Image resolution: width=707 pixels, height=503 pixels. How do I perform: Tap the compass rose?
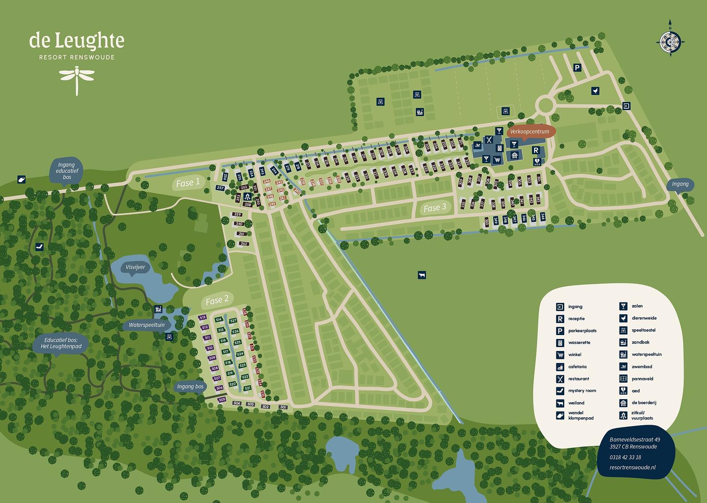[670, 41]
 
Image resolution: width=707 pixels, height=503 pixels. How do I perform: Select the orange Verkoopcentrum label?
[529, 132]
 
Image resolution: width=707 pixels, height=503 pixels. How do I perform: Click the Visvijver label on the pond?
[135, 267]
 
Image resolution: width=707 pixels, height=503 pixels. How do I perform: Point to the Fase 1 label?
[188, 183]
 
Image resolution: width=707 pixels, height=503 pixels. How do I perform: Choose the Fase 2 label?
[217, 300]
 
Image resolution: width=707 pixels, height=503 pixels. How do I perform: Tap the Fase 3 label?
[435, 208]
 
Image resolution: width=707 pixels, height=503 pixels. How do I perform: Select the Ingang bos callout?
[190, 387]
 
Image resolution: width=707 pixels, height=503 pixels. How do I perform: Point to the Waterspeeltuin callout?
[146, 325]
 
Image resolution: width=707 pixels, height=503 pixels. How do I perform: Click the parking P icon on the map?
[577, 68]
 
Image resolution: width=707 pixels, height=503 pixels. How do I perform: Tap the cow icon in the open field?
[421, 275]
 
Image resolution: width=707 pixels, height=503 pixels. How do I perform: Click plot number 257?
[220, 188]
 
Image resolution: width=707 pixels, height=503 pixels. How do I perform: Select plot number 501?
[283, 407]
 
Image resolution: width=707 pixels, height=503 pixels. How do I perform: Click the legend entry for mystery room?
[582, 391]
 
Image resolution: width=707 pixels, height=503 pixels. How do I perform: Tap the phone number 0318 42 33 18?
[625, 457]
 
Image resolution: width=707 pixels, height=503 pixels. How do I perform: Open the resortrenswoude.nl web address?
[632, 467]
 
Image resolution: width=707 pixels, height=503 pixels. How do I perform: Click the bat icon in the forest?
[39, 246]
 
